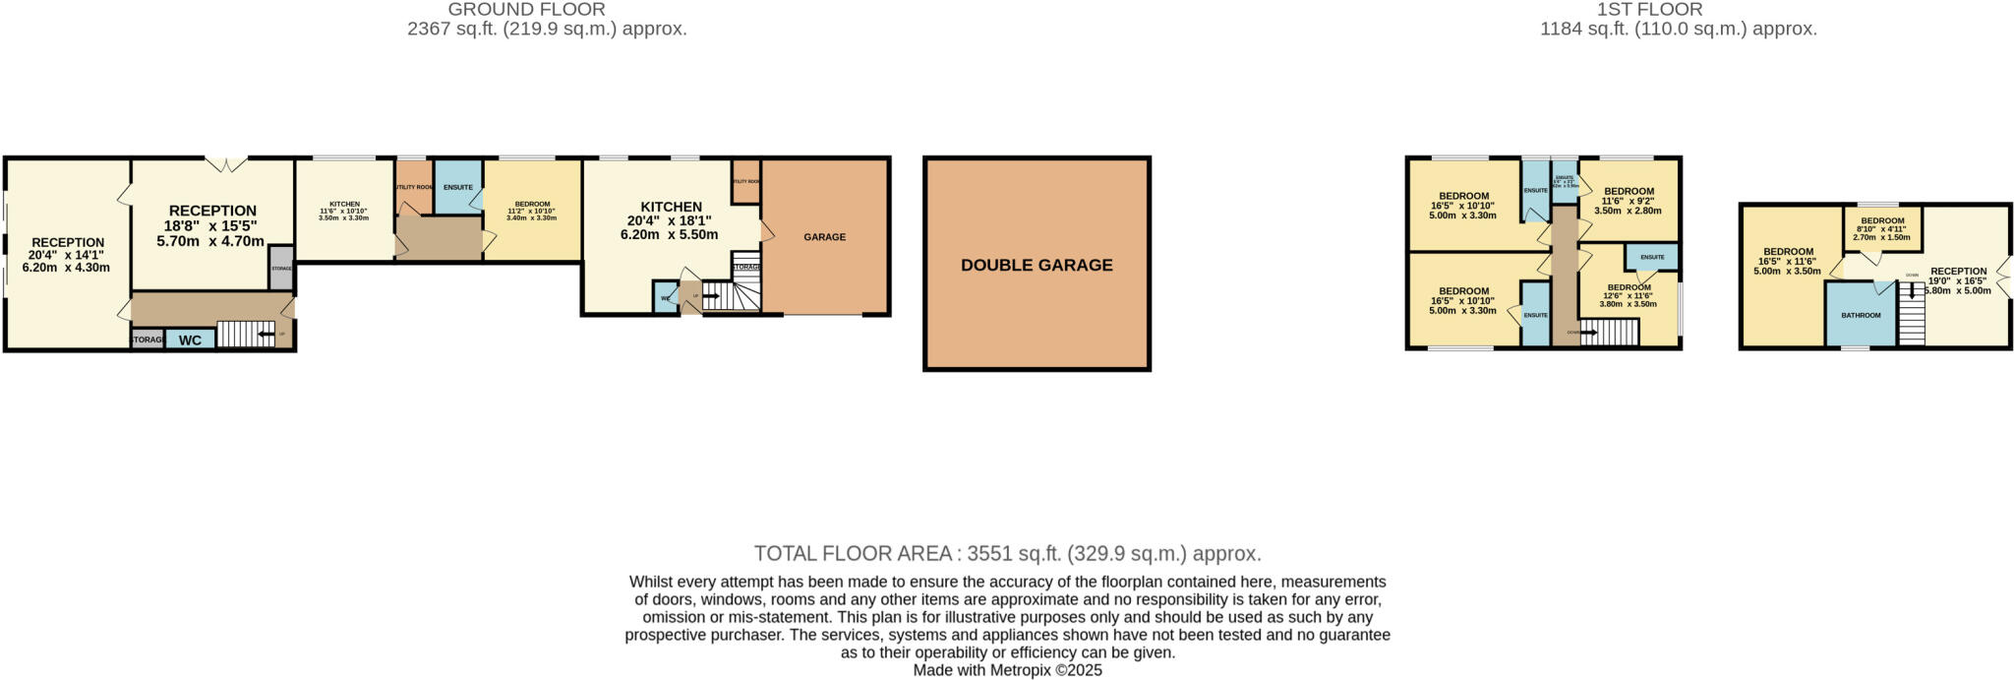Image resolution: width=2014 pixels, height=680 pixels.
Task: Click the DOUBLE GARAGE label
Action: pyautogui.click(x=1037, y=265)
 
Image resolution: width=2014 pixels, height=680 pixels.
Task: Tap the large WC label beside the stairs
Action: pyautogui.click(x=190, y=340)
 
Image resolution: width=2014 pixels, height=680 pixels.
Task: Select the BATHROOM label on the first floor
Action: pyautogui.click(x=1861, y=316)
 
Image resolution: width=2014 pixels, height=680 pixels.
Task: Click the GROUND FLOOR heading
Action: pyautogui.click(x=526, y=10)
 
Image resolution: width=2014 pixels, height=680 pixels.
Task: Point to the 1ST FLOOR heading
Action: pyautogui.click(x=1677, y=10)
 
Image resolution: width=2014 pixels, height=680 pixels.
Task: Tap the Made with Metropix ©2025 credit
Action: pyautogui.click(x=1007, y=670)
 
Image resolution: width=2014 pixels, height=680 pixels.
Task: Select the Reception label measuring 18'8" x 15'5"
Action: pyautogui.click(x=212, y=211)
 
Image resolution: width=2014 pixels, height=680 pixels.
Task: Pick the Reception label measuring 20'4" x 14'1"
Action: pyautogui.click(x=68, y=243)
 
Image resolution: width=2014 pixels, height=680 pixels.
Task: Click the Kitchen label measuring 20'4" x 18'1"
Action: pyautogui.click(x=671, y=207)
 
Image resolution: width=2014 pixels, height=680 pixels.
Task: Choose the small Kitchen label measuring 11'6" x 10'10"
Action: pyautogui.click(x=344, y=205)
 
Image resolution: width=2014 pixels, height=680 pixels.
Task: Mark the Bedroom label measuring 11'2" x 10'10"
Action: pyautogui.click(x=532, y=205)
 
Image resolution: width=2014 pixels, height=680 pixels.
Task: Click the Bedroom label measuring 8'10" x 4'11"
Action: pyautogui.click(x=1882, y=221)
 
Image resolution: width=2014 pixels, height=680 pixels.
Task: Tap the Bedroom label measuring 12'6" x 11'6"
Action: pyautogui.click(x=1629, y=287)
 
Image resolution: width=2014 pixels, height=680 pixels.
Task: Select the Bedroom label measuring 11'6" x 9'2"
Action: pyautogui.click(x=1628, y=192)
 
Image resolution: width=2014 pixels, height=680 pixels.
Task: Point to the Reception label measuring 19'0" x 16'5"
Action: pyautogui.click(x=1958, y=272)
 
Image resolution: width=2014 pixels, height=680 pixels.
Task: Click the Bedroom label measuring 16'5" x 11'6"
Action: pyautogui.click(x=1788, y=252)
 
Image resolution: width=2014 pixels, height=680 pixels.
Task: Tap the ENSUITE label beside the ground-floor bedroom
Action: pyautogui.click(x=458, y=187)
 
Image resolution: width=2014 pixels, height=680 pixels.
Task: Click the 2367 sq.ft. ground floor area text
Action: pyautogui.click(x=547, y=30)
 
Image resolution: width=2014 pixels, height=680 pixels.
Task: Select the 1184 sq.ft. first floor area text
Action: pyautogui.click(x=1678, y=30)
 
